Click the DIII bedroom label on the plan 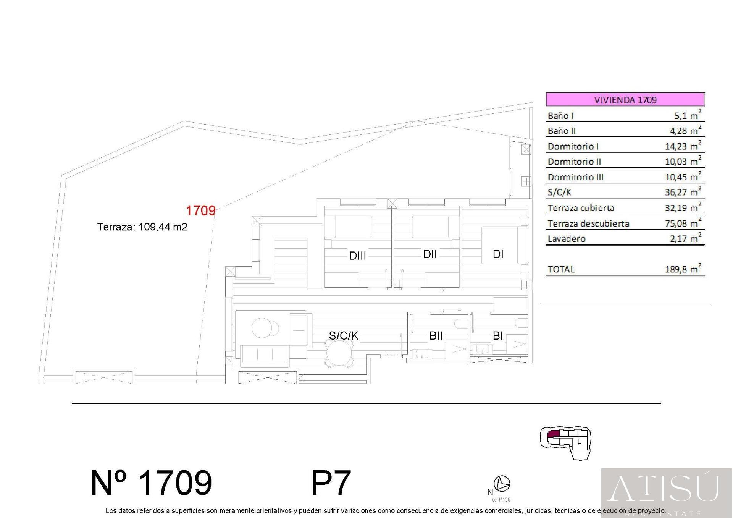point(358,256)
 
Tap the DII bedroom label point(430,254)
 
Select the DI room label point(498,254)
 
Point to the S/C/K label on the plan point(344,335)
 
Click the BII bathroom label point(436,336)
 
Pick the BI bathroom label point(497,336)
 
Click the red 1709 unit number point(200,210)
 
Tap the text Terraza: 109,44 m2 point(142,227)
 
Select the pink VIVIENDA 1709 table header point(625,100)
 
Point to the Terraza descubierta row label point(588,223)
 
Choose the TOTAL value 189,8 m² point(683,269)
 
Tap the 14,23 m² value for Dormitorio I point(683,146)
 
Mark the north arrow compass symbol point(502,484)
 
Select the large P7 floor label point(331,483)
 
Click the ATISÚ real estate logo point(667,493)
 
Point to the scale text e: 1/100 point(501,500)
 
